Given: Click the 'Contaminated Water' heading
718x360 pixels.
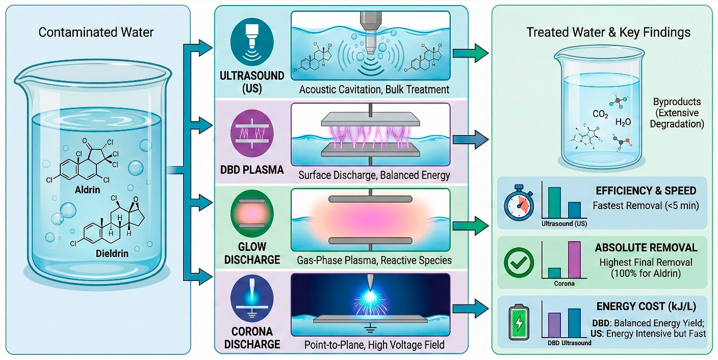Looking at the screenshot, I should click(x=96, y=33).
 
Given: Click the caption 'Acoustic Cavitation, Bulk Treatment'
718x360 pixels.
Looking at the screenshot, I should click(x=374, y=90).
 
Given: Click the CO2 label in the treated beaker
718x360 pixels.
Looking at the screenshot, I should click(x=600, y=115).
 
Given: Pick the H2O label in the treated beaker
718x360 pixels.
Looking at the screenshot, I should click(x=623, y=122).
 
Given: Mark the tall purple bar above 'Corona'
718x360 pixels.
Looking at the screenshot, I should click(x=574, y=259).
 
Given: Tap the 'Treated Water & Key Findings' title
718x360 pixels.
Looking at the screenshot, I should click(x=608, y=33).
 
